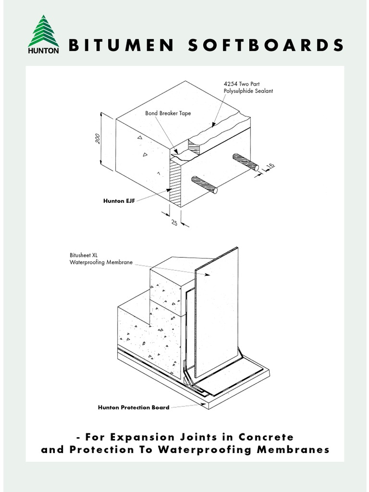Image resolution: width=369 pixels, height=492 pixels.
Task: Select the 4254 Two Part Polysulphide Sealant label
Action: [248, 87]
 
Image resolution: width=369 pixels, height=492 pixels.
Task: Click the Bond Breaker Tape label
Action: [168, 113]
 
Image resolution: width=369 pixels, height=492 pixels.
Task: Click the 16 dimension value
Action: [271, 167]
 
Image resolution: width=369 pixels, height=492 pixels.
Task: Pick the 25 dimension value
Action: [174, 223]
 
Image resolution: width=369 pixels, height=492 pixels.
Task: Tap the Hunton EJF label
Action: [119, 201]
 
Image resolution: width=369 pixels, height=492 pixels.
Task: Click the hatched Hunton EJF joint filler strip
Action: [175, 183]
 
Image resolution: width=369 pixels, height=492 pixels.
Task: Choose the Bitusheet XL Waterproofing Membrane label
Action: [101, 259]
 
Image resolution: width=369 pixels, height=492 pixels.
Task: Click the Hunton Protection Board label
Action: [134, 407]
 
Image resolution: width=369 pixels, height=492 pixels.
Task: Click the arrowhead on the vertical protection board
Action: [207, 274]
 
